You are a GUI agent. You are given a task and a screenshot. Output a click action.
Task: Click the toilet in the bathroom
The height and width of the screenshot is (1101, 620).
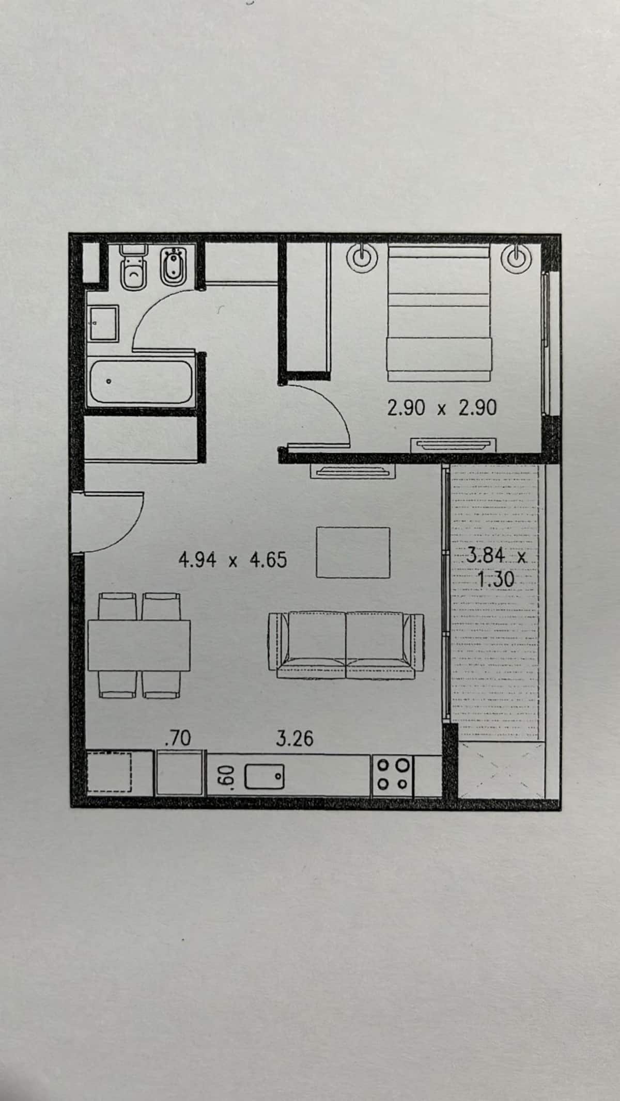tap(134, 268)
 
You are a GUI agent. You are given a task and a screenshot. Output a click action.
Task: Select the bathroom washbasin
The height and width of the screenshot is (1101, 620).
tap(104, 323)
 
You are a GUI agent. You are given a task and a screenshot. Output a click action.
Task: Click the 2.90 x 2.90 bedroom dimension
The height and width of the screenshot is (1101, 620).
tap(442, 409)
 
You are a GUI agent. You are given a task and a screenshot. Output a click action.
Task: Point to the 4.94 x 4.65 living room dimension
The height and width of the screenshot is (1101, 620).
tap(233, 560)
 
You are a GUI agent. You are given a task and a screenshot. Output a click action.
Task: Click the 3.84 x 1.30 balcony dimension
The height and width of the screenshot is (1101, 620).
tap(496, 568)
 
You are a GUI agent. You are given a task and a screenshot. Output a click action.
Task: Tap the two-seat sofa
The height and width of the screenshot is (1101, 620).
tap(346, 645)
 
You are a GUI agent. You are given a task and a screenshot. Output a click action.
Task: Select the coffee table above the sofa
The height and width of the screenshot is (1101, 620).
tap(353, 552)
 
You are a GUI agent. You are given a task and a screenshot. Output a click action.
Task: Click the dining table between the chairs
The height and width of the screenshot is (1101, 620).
tap(139, 645)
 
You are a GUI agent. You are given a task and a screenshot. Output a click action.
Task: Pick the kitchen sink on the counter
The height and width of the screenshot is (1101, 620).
tap(264, 776)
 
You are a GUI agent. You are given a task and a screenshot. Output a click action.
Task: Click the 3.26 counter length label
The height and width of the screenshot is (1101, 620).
tap(295, 739)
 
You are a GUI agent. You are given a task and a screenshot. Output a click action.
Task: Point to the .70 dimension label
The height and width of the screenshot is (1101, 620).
tap(177, 739)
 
